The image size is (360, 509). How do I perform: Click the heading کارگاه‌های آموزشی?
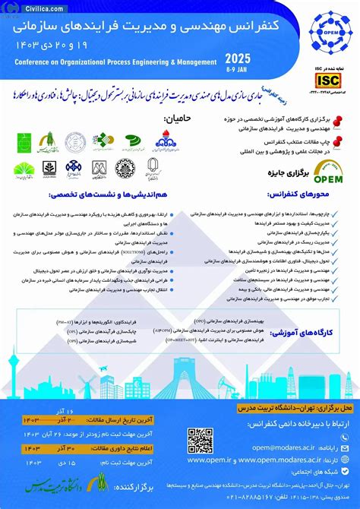[x=308, y=333]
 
